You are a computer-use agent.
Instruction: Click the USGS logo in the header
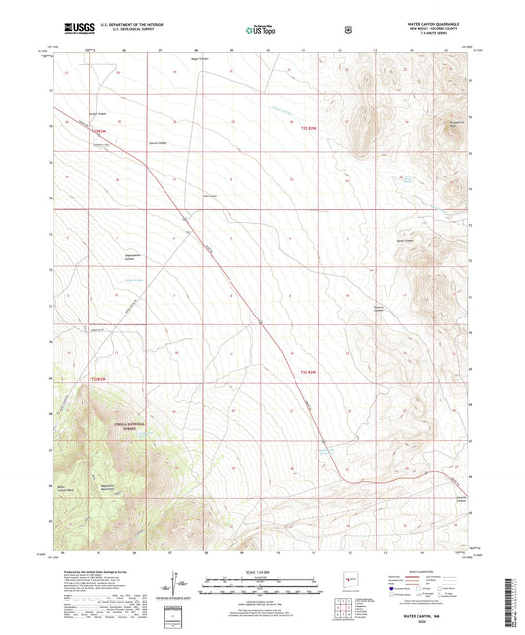(79, 31)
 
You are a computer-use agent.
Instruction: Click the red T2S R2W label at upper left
(97, 132)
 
